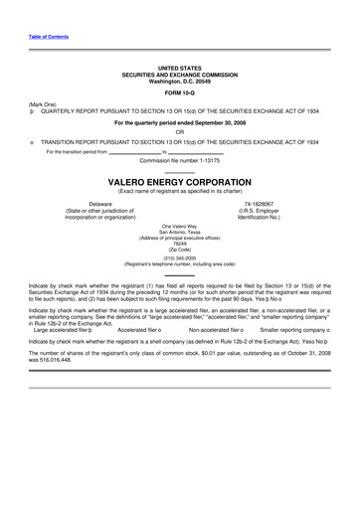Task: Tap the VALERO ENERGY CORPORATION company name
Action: coord(180,184)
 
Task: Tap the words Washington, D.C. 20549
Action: coord(180,80)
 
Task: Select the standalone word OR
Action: coord(180,132)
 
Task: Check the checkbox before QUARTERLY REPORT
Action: coord(32,112)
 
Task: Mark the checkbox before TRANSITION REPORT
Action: coord(32,142)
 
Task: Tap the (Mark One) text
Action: coord(43,104)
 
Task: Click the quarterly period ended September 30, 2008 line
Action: coord(180,122)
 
